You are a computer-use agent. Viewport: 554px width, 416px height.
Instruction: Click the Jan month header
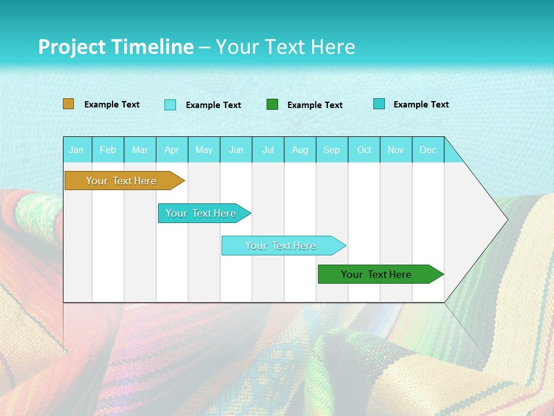76,150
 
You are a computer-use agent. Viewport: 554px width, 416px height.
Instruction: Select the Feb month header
108,150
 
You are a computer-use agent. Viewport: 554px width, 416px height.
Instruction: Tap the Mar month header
140,150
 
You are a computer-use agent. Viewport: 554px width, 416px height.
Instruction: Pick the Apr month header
172,150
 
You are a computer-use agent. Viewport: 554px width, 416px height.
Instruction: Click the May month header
204,150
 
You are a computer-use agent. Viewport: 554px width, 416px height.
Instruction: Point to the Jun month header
236,150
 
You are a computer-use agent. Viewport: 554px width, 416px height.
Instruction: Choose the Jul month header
268,150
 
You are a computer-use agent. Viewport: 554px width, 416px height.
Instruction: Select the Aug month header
300,150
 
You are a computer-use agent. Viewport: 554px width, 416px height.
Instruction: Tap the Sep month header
332,150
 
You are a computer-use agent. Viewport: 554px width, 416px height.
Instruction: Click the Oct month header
364,150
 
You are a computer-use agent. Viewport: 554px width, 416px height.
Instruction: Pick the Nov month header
396,150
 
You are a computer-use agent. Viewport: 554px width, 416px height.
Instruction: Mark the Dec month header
428,150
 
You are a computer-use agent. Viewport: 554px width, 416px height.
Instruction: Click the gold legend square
69,104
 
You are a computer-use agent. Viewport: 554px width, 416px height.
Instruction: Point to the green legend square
272,105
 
